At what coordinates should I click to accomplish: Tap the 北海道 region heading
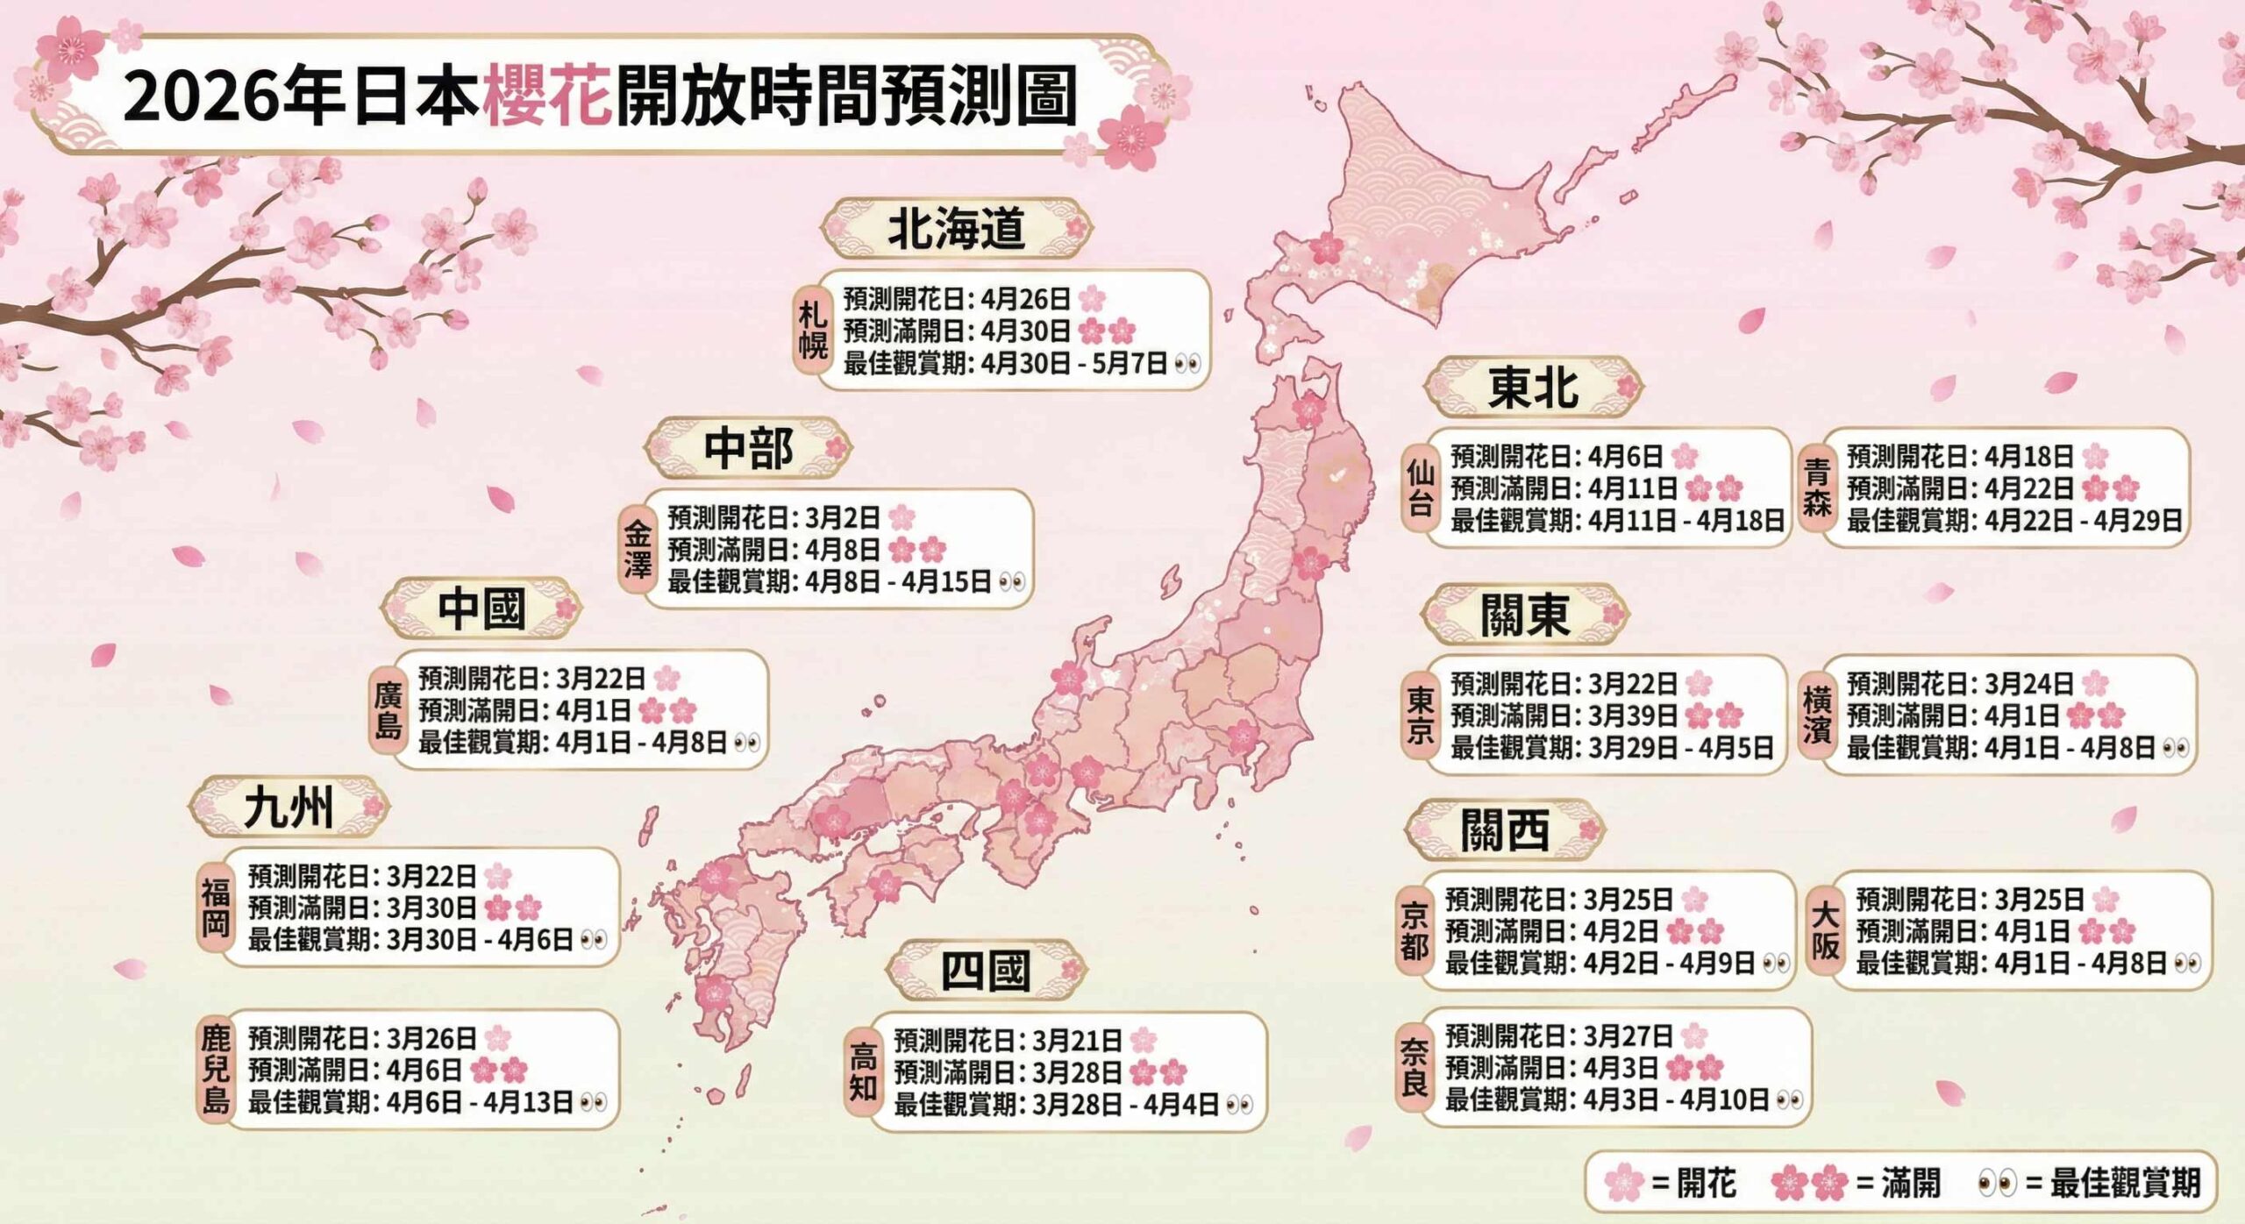tap(956, 228)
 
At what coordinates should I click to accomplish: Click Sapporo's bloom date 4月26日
tap(1025, 299)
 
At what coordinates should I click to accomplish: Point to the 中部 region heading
tap(748, 447)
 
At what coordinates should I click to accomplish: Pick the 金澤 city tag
tap(638, 549)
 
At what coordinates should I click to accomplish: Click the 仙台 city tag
tap(1420, 487)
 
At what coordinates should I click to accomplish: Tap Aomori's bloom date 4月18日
tap(2028, 456)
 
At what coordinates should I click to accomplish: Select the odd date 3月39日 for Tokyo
tap(1632, 715)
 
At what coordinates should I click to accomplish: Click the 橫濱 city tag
tap(1817, 715)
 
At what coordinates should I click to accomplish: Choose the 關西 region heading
tap(1505, 829)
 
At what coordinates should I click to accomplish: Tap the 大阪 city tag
tap(1825, 930)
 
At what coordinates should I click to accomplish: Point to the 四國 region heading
tap(985, 971)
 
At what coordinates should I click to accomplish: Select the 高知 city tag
tap(863, 1072)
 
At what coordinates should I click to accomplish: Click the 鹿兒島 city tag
tap(215, 1070)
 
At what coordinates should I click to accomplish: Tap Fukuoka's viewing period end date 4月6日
tap(535, 940)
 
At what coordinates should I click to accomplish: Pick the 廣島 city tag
tap(388, 710)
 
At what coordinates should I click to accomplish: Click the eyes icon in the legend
tap(1997, 1183)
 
